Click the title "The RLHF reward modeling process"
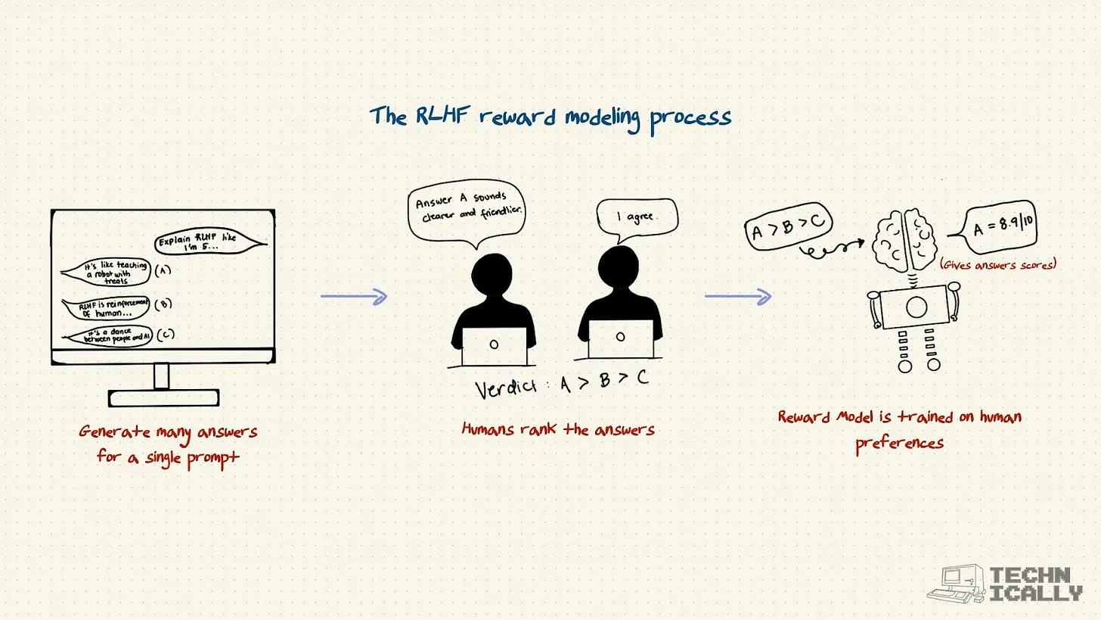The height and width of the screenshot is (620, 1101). pos(550,117)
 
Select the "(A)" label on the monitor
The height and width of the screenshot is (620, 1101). pos(163,270)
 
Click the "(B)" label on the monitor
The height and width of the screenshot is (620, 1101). pos(163,304)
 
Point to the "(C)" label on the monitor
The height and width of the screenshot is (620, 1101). pos(164,335)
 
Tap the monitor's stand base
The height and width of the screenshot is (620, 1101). pos(163,397)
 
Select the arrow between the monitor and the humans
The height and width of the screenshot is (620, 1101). pos(354,296)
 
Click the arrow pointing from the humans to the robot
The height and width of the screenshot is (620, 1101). pos(738,296)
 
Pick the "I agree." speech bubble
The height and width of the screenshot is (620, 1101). pos(636,218)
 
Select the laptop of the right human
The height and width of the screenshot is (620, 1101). pos(620,338)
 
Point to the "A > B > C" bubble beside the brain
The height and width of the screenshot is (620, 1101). pos(789,226)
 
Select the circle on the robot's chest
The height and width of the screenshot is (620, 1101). pos(916,307)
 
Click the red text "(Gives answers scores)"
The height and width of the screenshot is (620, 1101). pos(997,264)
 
